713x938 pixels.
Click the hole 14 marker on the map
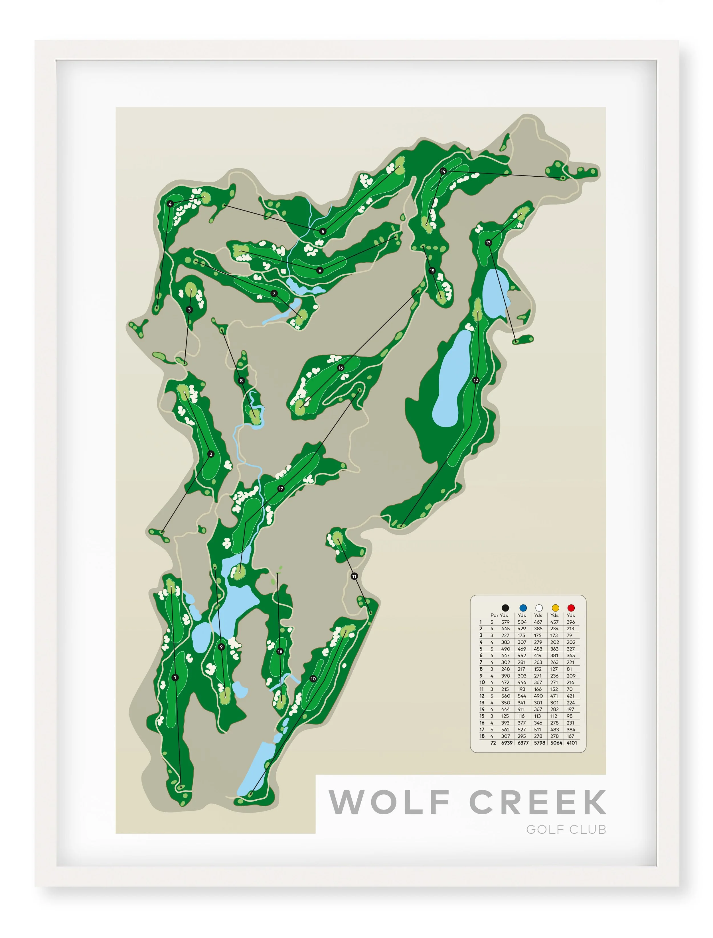[x=443, y=171]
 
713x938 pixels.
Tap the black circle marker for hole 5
[x=323, y=232]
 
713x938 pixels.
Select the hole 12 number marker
[x=476, y=380]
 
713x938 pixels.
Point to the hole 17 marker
[x=281, y=489]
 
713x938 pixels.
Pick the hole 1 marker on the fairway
[x=175, y=678]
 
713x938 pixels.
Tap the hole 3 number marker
[x=189, y=310]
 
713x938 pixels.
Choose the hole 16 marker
[x=340, y=368]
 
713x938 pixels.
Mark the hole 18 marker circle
[x=280, y=651]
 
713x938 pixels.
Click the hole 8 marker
[x=242, y=381]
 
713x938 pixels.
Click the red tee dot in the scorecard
[x=571, y=608]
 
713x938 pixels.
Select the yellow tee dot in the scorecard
[x=555, y=608]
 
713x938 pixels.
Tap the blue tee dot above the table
[x=522, y=608]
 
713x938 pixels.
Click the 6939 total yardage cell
[x=507, y=743]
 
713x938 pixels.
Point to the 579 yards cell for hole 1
[x=505, y=622]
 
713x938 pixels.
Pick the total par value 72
[x=493, y=743]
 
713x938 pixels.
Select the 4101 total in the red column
[x=572, y=743]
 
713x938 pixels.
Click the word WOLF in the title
[x=389, y=802]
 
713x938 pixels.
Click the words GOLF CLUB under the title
[x=566, y=829]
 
